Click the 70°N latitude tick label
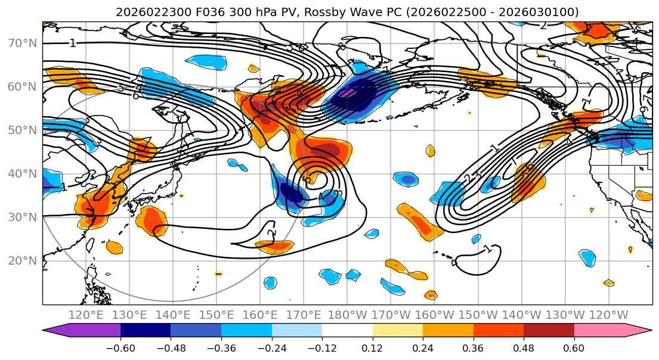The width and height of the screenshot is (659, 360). click(21, 43)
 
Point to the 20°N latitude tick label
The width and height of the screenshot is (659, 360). click(21, 260)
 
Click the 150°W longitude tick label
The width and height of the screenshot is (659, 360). click(478, 315)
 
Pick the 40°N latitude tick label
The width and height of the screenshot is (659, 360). click(21, 173)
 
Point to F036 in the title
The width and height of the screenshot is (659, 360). click(197, 12)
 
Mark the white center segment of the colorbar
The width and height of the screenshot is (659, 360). click(347, 331)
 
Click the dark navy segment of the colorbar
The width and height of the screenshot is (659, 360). click(146, 331)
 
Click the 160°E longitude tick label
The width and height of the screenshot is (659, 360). click(260, 315)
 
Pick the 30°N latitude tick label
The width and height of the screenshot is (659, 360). click(21, 217)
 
